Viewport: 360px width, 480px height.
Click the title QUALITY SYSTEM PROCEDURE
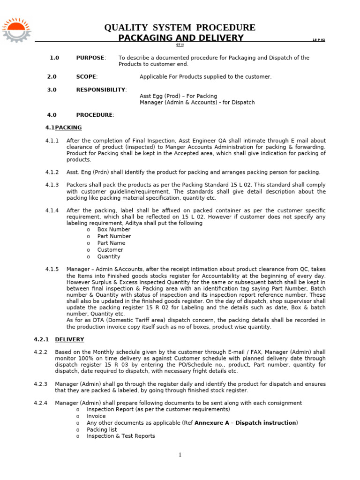click(180, 28)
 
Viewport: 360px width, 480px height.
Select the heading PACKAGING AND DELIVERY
click(181, 38)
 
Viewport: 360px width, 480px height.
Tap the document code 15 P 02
click(319, 40)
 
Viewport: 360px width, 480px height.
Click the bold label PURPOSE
click(90, 58)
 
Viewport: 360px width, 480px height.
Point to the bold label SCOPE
click(86, 76)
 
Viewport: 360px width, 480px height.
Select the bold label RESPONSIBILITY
click(101, 90)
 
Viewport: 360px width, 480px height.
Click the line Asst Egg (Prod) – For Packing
click(178, 96)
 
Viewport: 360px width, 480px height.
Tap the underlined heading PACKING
click(68, 127)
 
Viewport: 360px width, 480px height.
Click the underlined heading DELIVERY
click(69, 339)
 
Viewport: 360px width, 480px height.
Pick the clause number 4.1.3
click(52, 185)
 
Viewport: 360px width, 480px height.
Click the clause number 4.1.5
click(52, 270)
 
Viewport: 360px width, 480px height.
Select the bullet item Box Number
click(114, 230)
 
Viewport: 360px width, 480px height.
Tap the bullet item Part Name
click(111, 243)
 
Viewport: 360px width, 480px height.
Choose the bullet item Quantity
click(109, 257)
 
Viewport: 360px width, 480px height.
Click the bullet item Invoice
click(96, 416)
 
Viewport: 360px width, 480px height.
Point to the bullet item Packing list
click(102, 429)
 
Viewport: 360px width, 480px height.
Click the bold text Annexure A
click(212, 423)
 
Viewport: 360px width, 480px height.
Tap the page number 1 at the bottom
click(180, 455)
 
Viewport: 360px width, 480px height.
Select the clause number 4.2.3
click(41, 384)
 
